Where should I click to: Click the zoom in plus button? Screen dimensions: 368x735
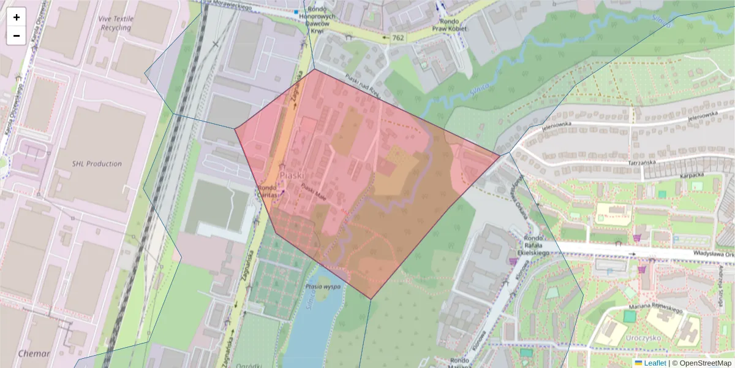pos(17,17)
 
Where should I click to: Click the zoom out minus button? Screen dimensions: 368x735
pos(17,36)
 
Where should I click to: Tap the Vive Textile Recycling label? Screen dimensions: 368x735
pos(115,23)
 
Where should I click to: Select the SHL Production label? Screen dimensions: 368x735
pos(97,164)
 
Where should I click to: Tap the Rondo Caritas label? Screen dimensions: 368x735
pos(268,191)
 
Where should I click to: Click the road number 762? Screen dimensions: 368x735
pos(398,37)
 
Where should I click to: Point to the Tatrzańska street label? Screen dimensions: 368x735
pos(644,163)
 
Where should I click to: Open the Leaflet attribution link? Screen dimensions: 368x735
pos(655,363)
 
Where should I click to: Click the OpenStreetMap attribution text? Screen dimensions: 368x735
pos(705,363)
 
